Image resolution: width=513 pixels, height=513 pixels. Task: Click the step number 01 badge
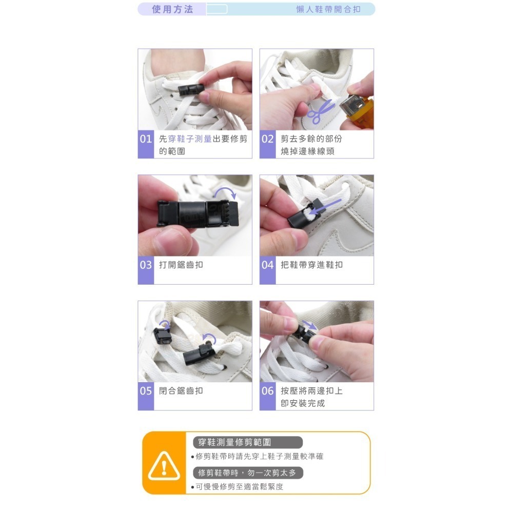146,139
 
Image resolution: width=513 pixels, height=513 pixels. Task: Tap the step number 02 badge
268,139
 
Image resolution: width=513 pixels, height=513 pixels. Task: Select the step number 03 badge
146,265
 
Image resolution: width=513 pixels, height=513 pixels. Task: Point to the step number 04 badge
268,265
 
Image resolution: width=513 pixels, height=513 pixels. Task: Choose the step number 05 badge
146,391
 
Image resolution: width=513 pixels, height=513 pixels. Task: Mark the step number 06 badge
268,391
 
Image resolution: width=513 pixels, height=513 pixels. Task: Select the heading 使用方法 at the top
172,9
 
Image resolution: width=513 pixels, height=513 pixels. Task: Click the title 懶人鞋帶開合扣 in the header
328,9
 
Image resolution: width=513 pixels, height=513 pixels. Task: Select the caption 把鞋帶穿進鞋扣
312,265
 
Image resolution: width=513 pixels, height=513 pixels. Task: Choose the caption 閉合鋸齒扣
181,391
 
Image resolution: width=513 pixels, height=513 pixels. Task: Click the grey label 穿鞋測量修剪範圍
248,442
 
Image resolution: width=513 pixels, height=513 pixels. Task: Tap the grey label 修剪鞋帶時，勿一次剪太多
248,473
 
